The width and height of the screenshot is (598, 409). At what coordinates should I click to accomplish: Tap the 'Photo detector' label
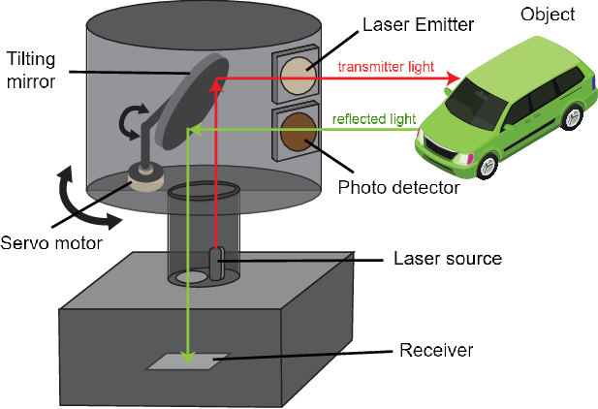tap(397, 186)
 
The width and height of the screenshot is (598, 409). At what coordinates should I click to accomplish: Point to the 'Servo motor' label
tap(51, 243)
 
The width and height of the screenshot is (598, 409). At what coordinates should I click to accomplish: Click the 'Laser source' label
tap(447, 259)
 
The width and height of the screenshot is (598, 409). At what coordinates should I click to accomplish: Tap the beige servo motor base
tap(147, 178)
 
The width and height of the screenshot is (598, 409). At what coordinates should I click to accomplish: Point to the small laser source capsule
tap(217, 264)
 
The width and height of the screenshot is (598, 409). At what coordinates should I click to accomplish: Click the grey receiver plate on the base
tap(188, 361)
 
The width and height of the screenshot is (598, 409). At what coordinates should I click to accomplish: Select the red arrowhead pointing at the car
tap(454, 77)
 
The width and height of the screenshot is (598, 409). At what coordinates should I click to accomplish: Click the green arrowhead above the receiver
tap(190, 351)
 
